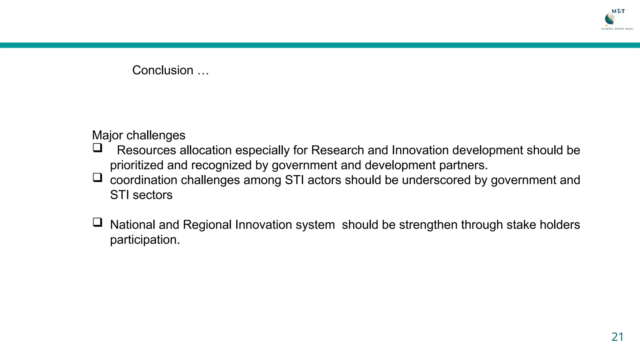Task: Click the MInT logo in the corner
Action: (x=616, y=19)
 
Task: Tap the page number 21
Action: (x=617, y=337)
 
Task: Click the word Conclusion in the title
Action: (x=162, y=70)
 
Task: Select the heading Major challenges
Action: (x=138, y=135)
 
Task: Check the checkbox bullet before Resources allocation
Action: (x=97, y=147)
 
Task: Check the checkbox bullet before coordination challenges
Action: (x=97, y=177)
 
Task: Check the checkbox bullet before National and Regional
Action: (x=97, y=222)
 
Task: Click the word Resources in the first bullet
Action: (x=146, y=150)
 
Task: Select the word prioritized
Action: (x=137, y=165)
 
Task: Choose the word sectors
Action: (x=152, y=195)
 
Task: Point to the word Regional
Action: (x=207, y=225)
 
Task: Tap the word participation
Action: (x=145, y=240)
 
